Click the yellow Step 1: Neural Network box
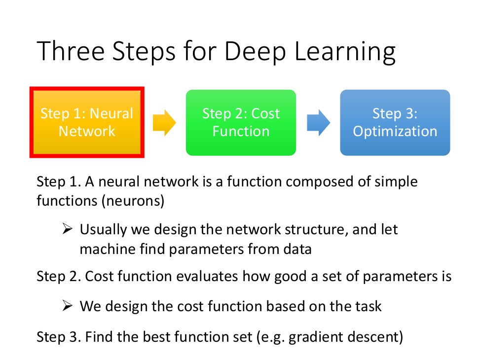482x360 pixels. click(87, 122)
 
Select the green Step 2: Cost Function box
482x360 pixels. click(241, 122)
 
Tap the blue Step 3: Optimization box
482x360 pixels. click(395, 122)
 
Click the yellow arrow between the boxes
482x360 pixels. click(164, 122)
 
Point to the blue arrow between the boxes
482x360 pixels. click(318, 122)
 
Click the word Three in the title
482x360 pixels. click(72, 52)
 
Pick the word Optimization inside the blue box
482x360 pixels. click(395, 132)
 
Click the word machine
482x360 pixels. click(104, 249)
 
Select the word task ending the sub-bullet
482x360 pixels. click(368, 306)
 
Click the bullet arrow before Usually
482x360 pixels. click(68, 229)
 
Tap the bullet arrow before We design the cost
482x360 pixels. click(68, 306)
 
